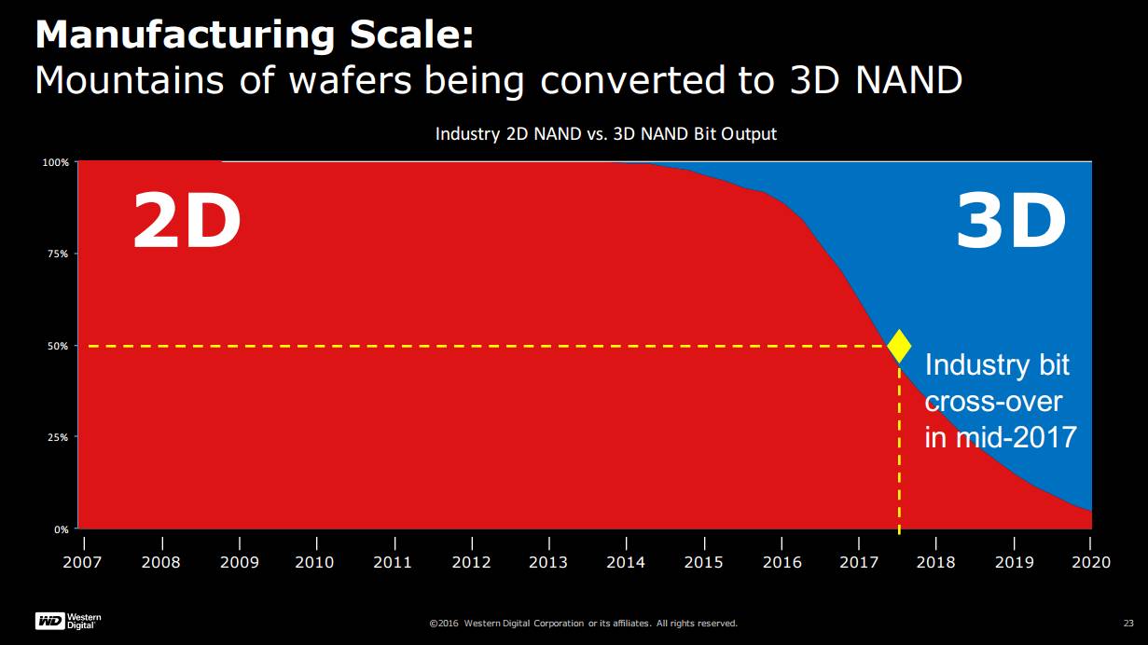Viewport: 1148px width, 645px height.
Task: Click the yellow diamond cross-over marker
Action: [x=899, y=346]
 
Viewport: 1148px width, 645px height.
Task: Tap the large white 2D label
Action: [x=187, y=222]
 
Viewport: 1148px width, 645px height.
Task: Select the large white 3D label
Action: [x=1011, y=222]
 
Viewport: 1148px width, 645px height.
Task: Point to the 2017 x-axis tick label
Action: [x=858, y=562]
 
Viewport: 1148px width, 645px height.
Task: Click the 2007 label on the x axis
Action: [x=84, y=562]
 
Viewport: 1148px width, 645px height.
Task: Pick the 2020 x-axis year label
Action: [x=1091, y=562]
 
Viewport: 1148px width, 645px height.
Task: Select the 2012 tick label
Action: [x=471, y=562]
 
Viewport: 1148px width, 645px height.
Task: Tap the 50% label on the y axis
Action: [x=57, y=346]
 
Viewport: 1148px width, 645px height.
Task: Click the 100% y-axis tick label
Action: [x=55, y=162]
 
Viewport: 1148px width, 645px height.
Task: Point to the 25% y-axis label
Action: [x=57, y=437]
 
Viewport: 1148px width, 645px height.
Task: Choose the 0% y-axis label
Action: [x=60, y=528]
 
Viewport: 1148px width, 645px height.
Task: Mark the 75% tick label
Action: [x=57, y=254]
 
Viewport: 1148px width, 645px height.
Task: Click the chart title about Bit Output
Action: [x=606, y=134]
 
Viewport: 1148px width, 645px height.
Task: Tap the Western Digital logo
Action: [x=68, y=621]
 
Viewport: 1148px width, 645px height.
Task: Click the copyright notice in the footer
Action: [x=583, y=623]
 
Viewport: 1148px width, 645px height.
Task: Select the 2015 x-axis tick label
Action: [x=703, y=562]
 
